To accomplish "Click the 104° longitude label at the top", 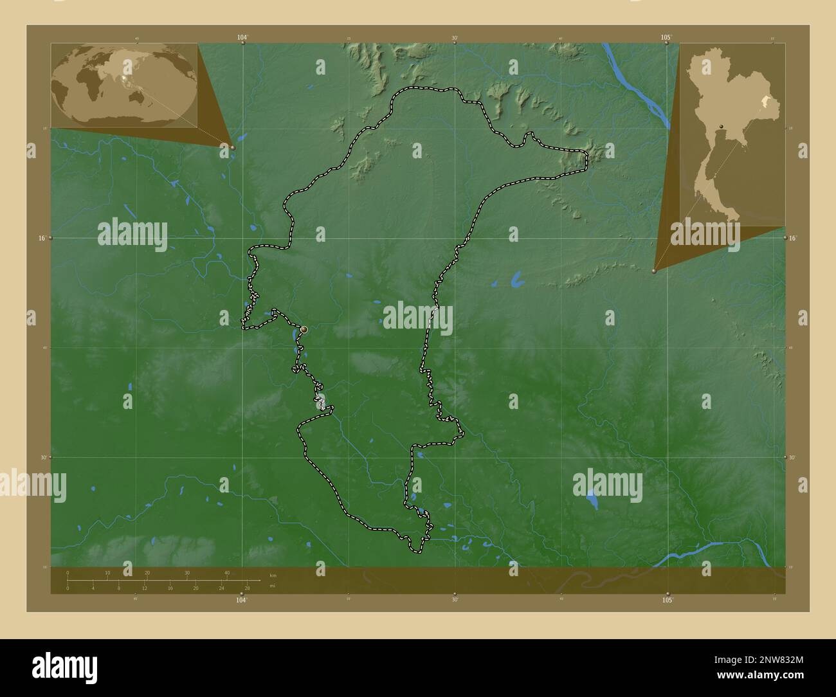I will pos(242,38).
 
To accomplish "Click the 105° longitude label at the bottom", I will pos(668,600).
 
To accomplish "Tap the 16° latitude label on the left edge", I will pos(42,238).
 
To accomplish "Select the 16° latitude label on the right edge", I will pos(794,238).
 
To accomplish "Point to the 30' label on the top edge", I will pos(455,38).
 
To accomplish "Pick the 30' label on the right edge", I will pos(792,457).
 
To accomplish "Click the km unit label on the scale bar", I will pos(273,575).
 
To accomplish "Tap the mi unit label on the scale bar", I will pos(271,588).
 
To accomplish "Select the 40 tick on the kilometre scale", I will pos(227,573).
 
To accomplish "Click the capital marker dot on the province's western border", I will pos(304,329).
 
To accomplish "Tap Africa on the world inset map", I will pos(90,84).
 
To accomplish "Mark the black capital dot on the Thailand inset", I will pos(722,125).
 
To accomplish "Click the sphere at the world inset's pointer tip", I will pos(233,147).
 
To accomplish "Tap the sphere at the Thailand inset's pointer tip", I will pos(654,271).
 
